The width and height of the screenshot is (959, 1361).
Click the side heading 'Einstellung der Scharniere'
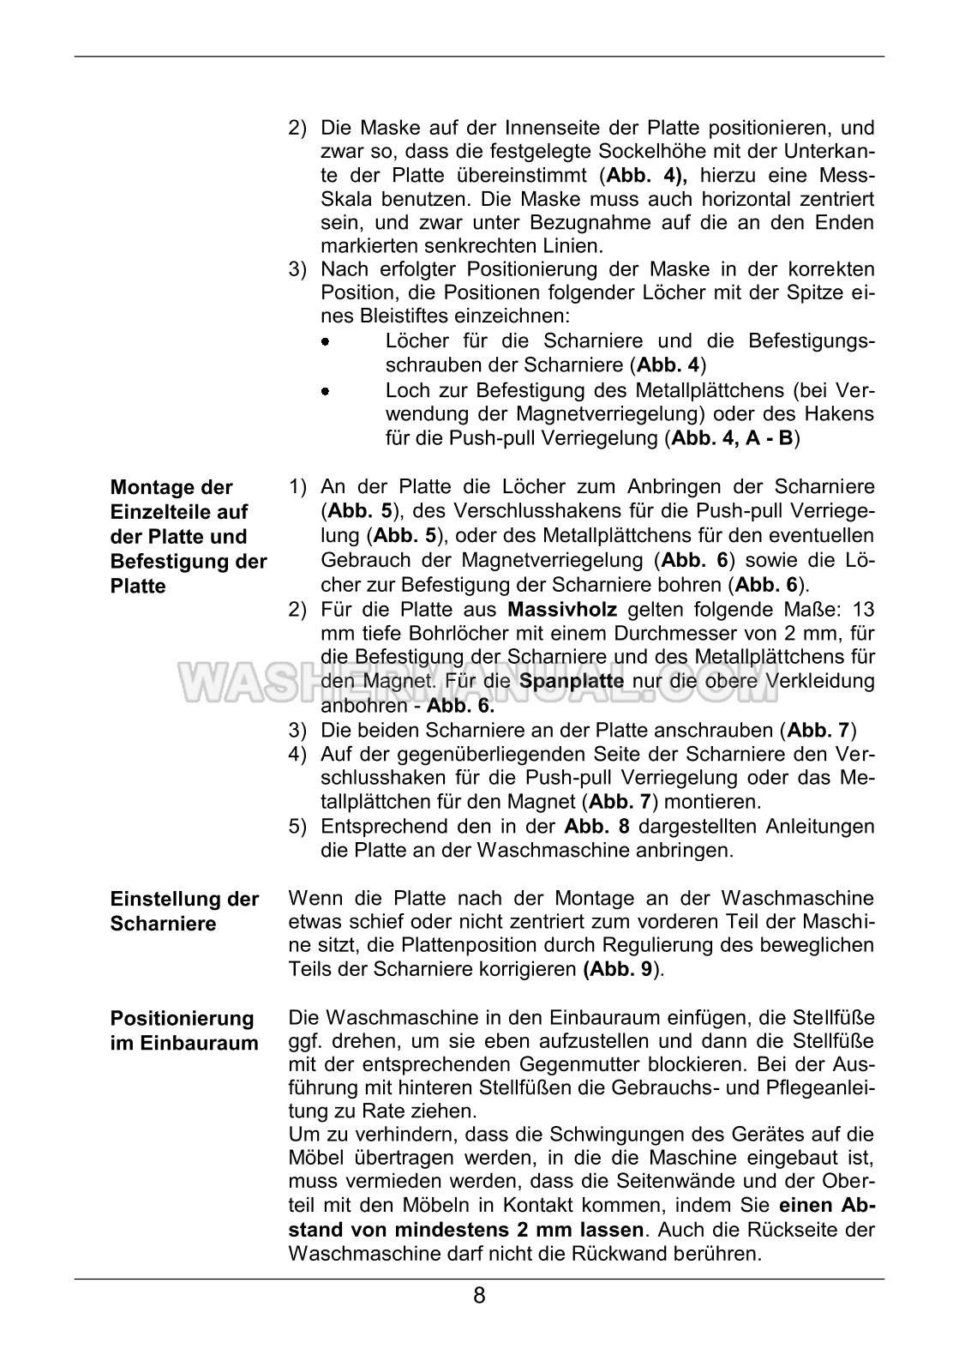pos(184,911)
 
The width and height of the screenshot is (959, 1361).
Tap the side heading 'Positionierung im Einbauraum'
pos(184,1030)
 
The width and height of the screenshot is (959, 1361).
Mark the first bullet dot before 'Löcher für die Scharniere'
pos(326,342)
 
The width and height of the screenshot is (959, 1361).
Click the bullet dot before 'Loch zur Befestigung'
pos(326,391)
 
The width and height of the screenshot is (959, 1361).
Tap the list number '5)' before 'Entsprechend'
pos(297,827)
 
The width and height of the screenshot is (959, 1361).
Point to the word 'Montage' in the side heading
pos(147,487)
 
